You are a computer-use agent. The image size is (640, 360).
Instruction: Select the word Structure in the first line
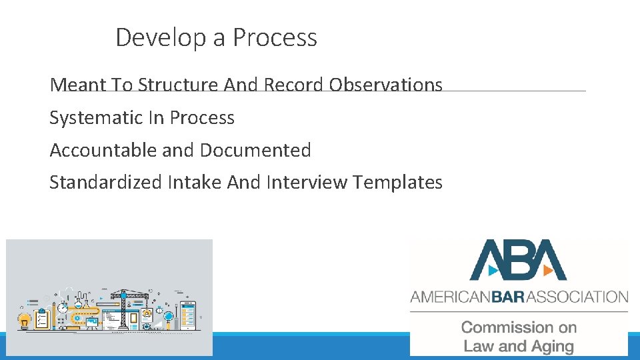coord(178,85)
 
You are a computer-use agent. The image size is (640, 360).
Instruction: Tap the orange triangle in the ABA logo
coord(546,271)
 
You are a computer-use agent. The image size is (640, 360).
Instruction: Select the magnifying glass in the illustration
coord(169,317)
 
